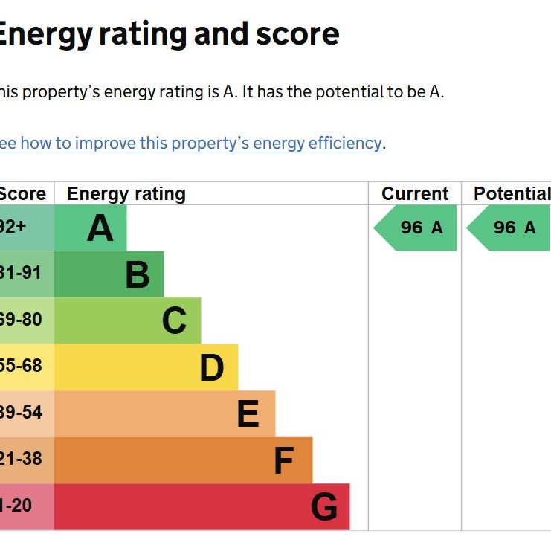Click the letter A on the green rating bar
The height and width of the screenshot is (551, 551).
click(x=100, y=228)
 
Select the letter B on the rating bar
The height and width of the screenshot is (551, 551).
click(x=138, y=274)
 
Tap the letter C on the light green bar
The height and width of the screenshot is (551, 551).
click(x=174, y=321)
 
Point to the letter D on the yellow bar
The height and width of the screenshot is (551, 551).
click(x=212, y=367)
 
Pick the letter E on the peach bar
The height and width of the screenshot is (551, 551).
click(x=248, y=414)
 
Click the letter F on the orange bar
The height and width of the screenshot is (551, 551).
click(x=283, y=460)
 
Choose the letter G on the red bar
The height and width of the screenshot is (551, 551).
click(x=324, y=507)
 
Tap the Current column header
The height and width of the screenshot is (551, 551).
click(x=415, y=194)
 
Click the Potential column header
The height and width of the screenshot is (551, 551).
click(x=512, y=194)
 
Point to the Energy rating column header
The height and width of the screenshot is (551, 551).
click(x=126, y=194)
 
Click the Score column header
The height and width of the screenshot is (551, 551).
click(x=22, y=194)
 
